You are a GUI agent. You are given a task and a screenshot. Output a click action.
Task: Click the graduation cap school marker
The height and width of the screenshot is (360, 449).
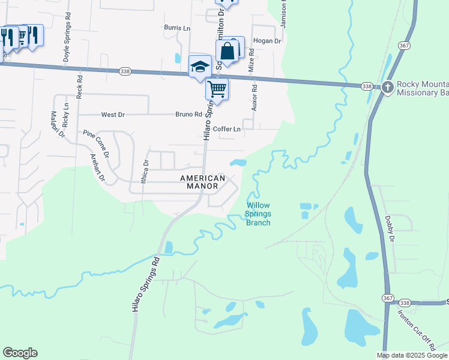[x=199, y=66]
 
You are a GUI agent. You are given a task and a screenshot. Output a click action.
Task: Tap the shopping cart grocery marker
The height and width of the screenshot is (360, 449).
[x=217, y=89]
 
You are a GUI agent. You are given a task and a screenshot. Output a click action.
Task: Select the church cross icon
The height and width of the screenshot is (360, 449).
[x=388, y=88]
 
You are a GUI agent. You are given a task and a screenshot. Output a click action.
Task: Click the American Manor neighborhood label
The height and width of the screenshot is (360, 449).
[x=203, y=182]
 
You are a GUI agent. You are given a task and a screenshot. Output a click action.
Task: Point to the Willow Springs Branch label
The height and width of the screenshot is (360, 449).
[x=258, y=214]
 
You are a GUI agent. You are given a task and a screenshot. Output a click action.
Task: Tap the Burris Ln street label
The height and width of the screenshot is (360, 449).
[x=177, y=28]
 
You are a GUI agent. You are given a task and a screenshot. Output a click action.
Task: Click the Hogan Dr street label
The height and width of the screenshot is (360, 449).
[x=267, y=41]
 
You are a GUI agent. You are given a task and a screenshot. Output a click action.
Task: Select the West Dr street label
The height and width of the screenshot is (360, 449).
[x=113, y=115]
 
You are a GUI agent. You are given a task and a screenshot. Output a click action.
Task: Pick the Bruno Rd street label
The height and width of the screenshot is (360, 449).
[x=188, y=115]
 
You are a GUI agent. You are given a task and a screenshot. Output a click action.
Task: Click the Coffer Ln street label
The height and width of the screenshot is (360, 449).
[x=227, y=129]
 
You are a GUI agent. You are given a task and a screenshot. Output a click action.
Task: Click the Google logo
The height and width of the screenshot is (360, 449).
[x=20, y=353]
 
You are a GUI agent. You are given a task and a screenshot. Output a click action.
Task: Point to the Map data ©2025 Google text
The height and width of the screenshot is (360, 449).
[x=412, y=355]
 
